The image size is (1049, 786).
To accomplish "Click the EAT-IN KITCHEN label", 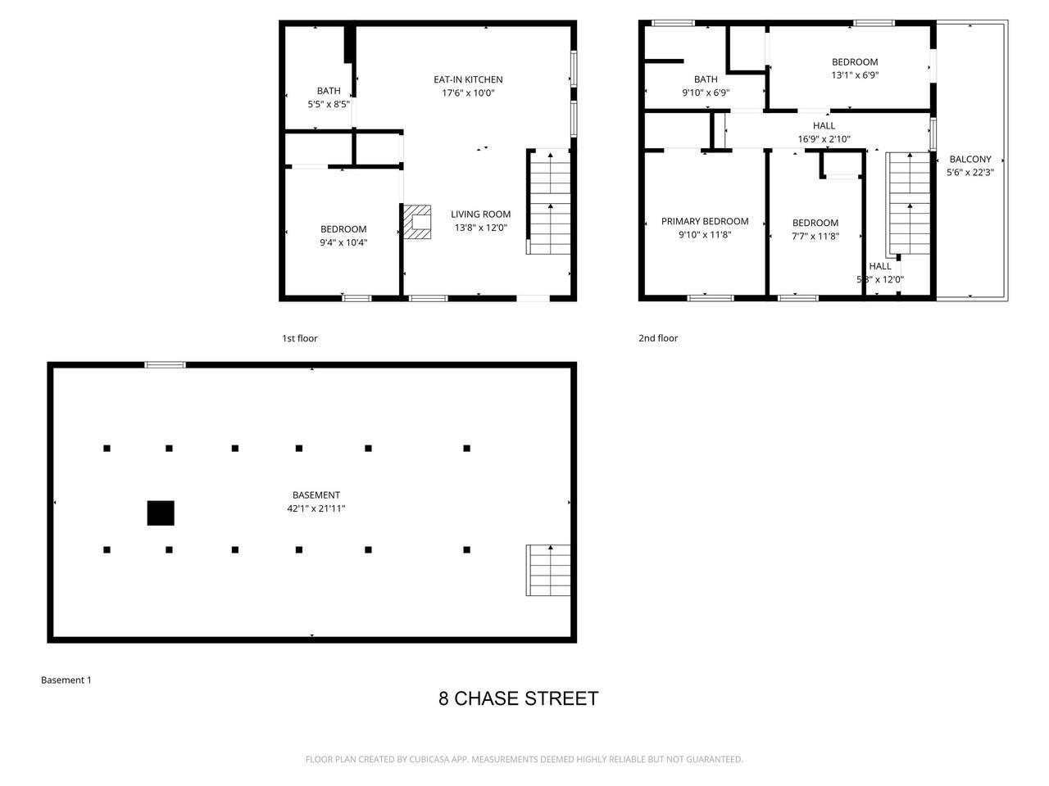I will pyautogui.click(x=468, y=79).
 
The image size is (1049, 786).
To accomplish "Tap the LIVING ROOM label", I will pyautogui.click(x=480, y=215).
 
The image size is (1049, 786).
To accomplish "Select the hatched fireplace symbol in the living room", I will pyautogui.click(x=417, y=222).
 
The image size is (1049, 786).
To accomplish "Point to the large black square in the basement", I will pyautogui.click(x=161, y=513).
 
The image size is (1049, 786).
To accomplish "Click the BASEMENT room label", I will pyautogui.click(x=316, y=495).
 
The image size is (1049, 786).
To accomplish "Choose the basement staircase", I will pyautogui.click(x=548, y=570).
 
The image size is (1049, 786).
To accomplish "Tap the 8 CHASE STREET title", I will pyautogui.click(x=518, y=698).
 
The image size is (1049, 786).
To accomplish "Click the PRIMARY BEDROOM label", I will pyautogui.click(x=705, y=221).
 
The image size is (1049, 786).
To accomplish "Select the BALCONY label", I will pyautogui.click(x=970, y=160).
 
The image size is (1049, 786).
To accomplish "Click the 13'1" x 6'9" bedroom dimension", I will pyautogui.click(x=855, y=75).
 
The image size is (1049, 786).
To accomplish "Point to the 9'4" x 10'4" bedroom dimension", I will pyautogui.click(x=343, y=242).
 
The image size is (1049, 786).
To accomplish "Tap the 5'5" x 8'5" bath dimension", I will pyautogui.click(x=329, y=104).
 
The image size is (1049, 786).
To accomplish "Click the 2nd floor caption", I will pyautogui.click(x=658, y=338).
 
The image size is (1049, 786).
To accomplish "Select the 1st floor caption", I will pyautogui.click(x=299, y=338).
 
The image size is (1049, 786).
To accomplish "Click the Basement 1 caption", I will pyautogui.click(x=66, y=680).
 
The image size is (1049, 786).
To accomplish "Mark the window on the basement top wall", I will pyautogui.click(x=166, y=365).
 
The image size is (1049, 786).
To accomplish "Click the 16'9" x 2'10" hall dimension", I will pyautogui.click(x=824, y=139).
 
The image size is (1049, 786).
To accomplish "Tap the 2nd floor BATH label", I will pyautogui.click(x=706, y=79).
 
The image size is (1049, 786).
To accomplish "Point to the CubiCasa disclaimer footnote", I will pyautogui.click(x=524, y=759).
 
